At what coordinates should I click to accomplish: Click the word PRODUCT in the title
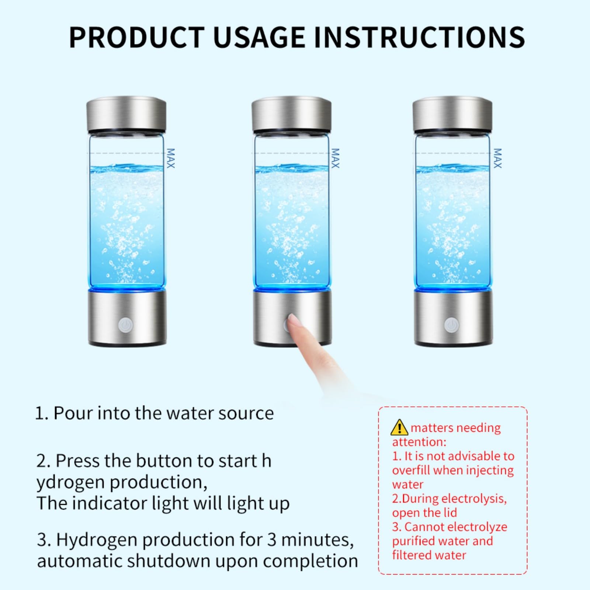coord(136,37)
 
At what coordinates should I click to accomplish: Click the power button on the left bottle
coord(125,325)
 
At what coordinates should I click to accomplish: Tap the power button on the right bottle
coord(451,325)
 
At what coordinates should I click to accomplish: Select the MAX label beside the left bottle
coord(170,158)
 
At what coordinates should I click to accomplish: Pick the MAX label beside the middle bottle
coord(335,158)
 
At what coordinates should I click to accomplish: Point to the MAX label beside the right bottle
coord(497,158)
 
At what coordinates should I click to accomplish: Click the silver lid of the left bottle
coord(126,114)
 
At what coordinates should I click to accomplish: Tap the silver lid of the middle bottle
coord(291,114)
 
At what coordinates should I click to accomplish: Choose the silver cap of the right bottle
coord(452,114)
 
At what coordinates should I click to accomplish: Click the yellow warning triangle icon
coord(399,427)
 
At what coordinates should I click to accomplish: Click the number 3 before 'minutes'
coord(272,540)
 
